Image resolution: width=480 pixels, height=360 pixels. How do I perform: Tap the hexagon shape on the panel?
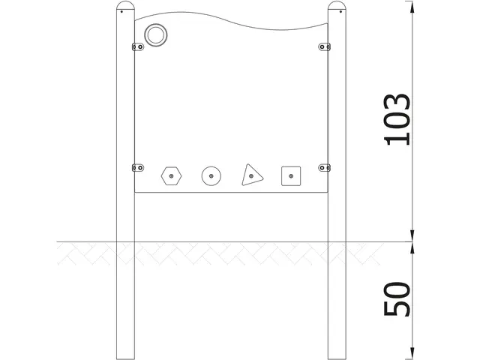pyautogui.click(x=172, y=176)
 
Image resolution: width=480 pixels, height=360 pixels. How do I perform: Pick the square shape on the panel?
pyautogui.click(x=290, y=176)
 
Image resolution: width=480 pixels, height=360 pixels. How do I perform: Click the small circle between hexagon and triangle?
pyautogui.click(x=211, y=176)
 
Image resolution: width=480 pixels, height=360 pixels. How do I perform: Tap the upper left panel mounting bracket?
pyautogui.click(x=138, y=46)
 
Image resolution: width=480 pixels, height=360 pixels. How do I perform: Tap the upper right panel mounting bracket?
pyautogui.click(x=325, y=46)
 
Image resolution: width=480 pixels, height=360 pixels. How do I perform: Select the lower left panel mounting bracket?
pyautogui.click(x=138, y=167)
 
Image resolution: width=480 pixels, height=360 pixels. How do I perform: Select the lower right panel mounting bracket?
pyautogui.click(x=325, y=167)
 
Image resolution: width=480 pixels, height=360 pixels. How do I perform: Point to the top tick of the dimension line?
pyautogui.click(x=412, y=3)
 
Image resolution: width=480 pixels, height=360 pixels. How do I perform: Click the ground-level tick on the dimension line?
pyautogui.click(x=412, y=242)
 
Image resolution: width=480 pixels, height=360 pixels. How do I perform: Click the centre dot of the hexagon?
pyautogui.click(x=172, y=176)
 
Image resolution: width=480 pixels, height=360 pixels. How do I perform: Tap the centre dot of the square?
pyautogui.click(x=290, y=176)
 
